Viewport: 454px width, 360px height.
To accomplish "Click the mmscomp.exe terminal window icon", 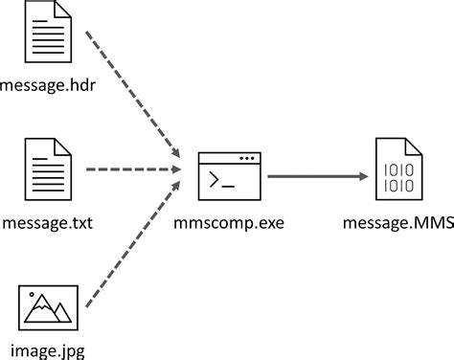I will pos(229,175).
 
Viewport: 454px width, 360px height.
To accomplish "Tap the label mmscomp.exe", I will pos(229,223).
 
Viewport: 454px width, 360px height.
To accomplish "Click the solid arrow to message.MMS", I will pos(316,175).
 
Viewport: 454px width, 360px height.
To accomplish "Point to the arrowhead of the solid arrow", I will pos(365,175).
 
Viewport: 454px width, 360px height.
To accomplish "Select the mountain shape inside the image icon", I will pos(45,310).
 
